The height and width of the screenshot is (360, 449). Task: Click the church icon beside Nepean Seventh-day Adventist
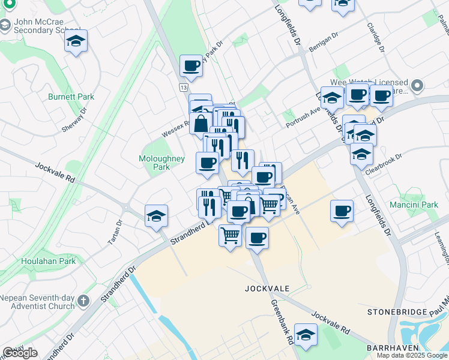83,299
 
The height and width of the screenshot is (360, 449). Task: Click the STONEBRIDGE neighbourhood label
397,313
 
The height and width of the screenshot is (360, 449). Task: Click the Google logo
20,353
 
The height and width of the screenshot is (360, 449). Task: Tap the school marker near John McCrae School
76,41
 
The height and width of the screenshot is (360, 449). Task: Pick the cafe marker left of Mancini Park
342,211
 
